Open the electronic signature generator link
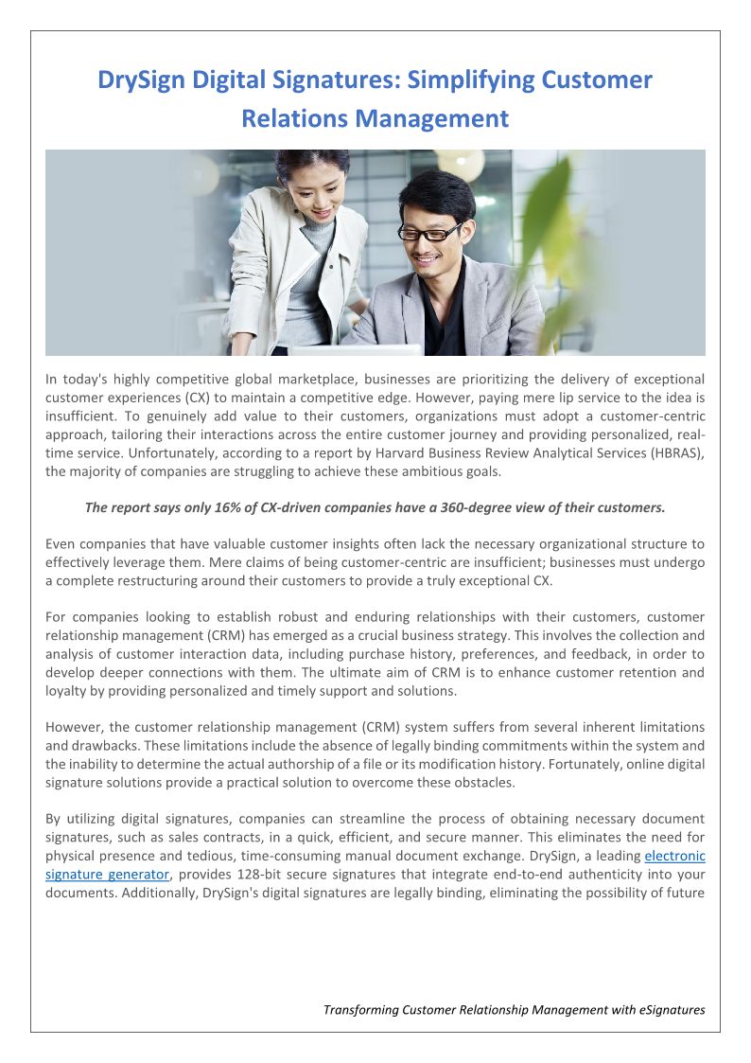pyautogui.click(x=674, y=856)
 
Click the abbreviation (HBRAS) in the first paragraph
pyautogui.click(x=672, y=453)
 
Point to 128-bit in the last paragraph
pyautogui.click(x=270, y=874)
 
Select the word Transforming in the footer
pyautogui.click(x=360, y=1010)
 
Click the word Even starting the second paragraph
pyautogui.click(x=60, y=543)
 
